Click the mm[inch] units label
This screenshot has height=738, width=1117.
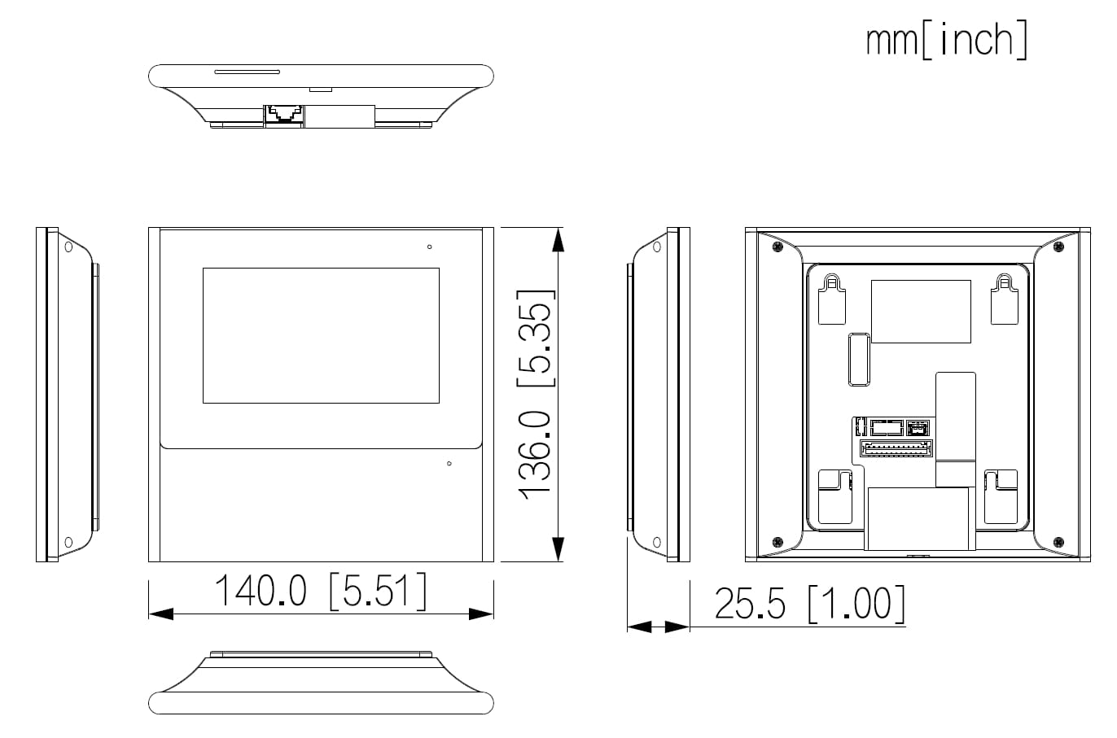946,40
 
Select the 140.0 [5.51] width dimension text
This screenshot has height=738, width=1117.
319,592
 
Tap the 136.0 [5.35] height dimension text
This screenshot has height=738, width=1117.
537,395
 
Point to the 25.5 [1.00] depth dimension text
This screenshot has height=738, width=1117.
809,604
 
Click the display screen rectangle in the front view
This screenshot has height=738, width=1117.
321,335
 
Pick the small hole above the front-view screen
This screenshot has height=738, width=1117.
429,247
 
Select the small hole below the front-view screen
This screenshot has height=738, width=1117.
449,464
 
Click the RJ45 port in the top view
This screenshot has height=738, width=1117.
283,114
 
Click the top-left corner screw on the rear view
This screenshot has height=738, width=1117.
778,246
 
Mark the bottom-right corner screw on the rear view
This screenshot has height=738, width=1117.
1057,542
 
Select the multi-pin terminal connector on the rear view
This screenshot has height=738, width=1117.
896,449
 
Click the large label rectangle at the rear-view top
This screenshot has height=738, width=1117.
921,312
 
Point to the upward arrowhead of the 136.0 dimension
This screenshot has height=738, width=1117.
558,240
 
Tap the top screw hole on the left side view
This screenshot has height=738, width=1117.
68,247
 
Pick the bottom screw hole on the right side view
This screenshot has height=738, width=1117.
657,542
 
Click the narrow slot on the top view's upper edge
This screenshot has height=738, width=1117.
247,72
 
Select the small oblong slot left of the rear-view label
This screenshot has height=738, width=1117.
859,357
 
